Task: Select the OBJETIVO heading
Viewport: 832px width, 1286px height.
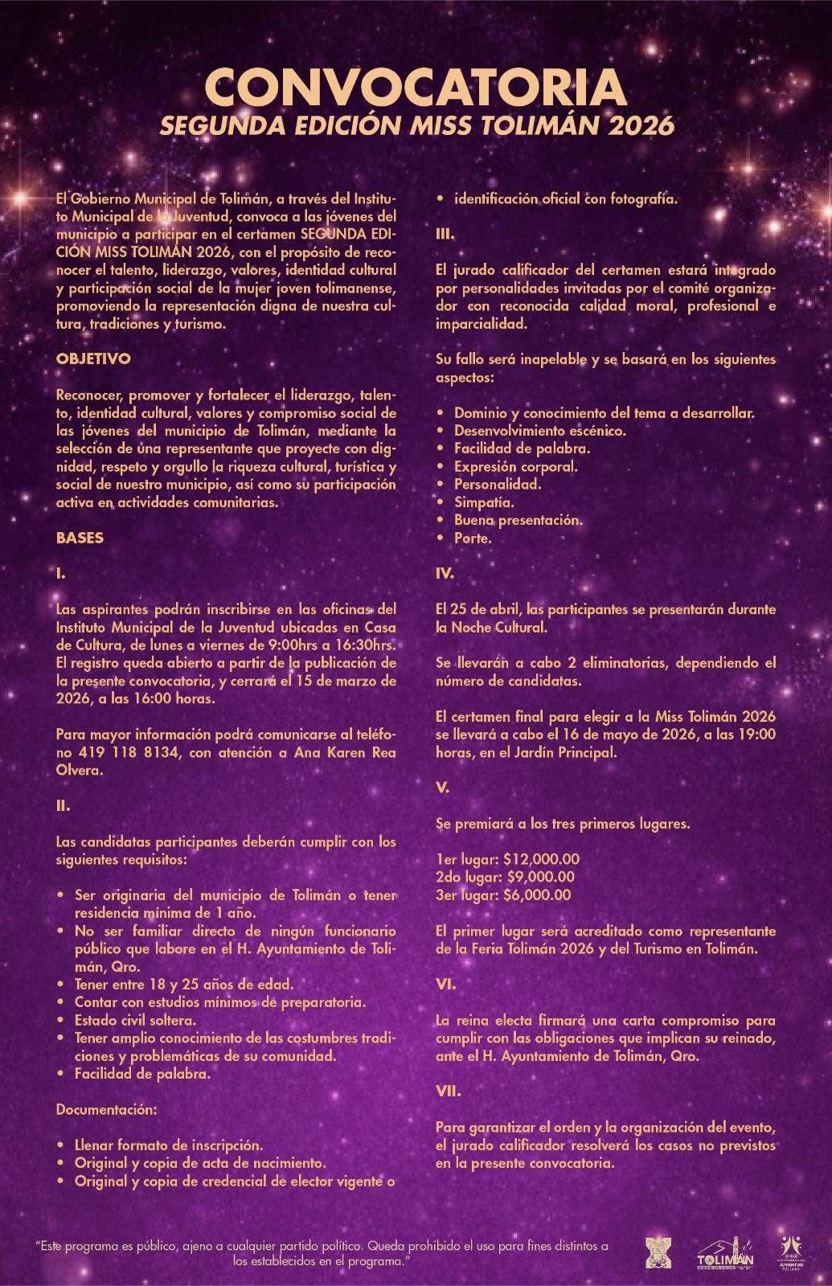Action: tap(93, 359)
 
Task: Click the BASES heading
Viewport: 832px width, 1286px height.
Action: tap(80, 538)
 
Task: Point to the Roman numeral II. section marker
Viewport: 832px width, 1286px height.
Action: tap(64, 805)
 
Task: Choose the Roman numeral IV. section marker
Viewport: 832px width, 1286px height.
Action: tap(445, 574)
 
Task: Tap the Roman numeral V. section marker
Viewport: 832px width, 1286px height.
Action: tap(442, 788)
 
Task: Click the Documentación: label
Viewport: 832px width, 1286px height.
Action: tap(105, 1109)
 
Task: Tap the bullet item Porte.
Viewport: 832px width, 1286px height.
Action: tap(472, 539)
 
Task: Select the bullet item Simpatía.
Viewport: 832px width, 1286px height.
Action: tap(484, 502)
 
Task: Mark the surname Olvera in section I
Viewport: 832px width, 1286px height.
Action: tap(80, 770)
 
